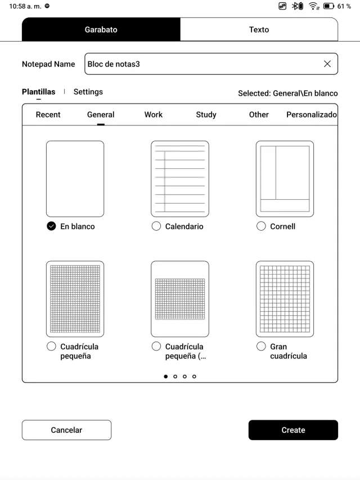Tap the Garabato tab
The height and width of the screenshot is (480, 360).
[x=101, y=30]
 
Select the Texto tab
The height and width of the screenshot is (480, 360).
[x=259, y=30]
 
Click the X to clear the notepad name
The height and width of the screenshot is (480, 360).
[x=327, y=64]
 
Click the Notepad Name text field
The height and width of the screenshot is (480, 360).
[x=202, y=64]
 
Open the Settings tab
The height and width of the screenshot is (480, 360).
[x=88, y=92]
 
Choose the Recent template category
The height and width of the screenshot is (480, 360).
[x=48, y=115]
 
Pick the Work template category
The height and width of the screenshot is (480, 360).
[x=153, y=115]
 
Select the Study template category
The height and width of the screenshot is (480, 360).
[x=206, y=115]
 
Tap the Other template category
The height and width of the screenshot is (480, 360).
[x=259, y=115]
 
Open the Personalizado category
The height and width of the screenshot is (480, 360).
[x=311, y=115]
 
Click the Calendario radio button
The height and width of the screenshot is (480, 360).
[x=156, y=226]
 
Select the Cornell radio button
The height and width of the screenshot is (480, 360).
[x=261, y=226]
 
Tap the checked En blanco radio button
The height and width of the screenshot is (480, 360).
[x=51, y=226]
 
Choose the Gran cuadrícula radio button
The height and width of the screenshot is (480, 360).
[x=261, y=347]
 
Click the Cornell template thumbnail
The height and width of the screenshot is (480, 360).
[x=285, y=179]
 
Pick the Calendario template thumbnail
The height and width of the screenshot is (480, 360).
[x=180, y=179]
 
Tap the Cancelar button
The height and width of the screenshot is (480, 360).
[x=66, y=430]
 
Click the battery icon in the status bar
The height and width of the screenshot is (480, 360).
[x=328, y=6]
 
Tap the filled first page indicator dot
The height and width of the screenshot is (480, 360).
[x=166, y=376]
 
